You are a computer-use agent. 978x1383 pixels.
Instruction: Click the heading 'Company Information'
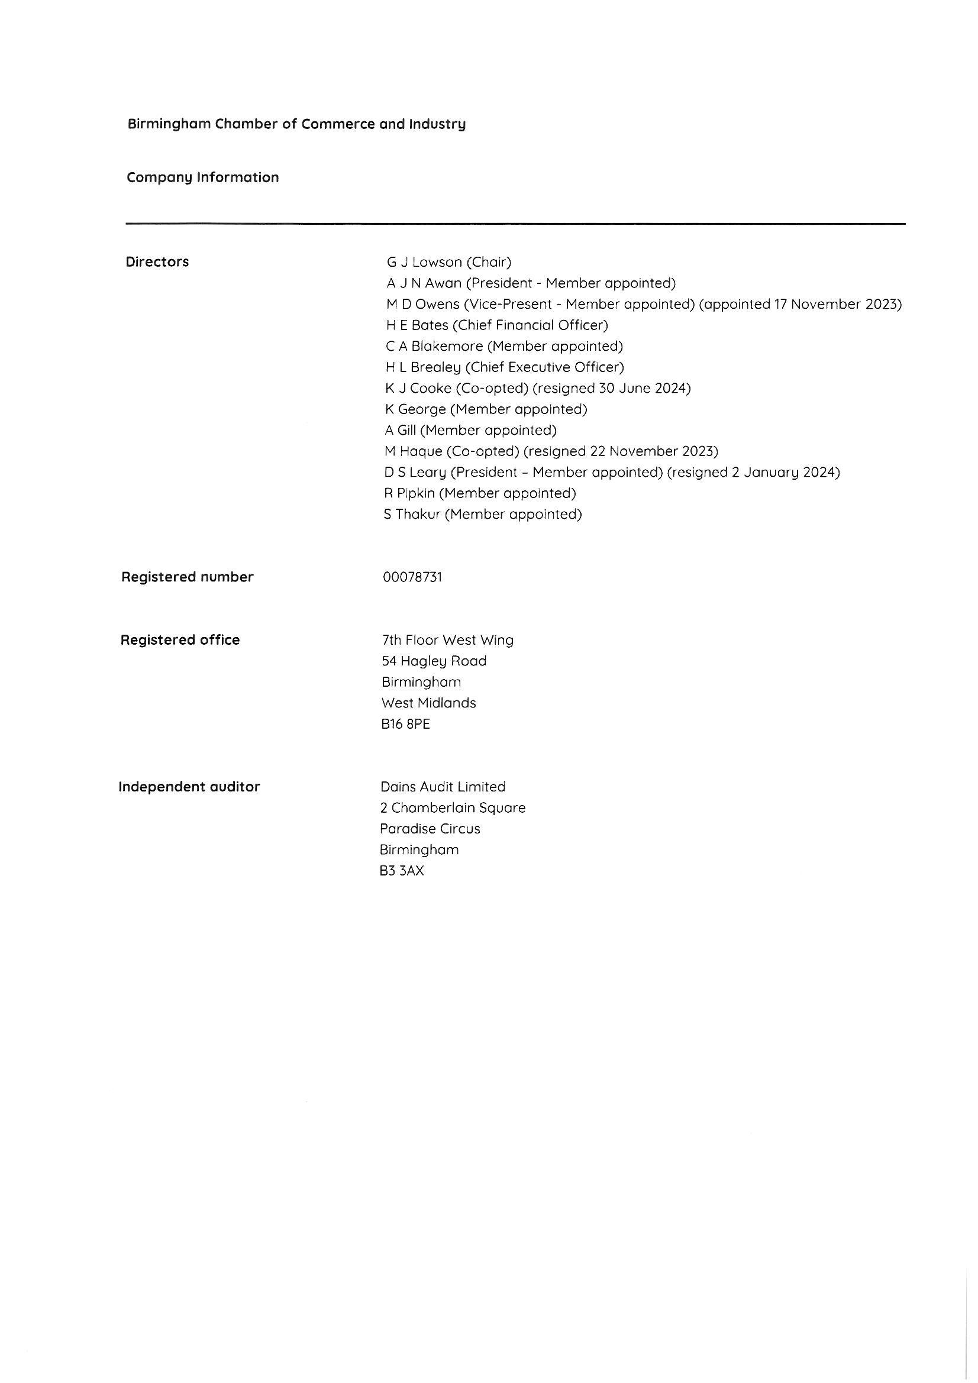202,177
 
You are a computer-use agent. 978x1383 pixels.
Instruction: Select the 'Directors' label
157,262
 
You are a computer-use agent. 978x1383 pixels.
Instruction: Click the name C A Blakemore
434,347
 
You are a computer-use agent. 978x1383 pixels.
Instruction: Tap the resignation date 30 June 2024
643,389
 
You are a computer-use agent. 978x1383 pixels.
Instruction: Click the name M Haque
414,451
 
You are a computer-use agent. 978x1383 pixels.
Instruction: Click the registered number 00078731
412,577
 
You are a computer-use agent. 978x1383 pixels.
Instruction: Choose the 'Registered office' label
180,639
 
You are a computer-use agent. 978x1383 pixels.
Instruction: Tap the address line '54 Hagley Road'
434,661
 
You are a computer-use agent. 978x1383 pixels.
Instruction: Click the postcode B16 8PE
405,724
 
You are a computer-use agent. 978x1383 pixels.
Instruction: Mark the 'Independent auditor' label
189,787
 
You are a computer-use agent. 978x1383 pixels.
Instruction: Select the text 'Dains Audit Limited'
443,787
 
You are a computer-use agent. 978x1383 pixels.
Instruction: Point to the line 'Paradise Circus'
430,829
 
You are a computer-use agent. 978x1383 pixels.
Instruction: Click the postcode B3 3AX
402,871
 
